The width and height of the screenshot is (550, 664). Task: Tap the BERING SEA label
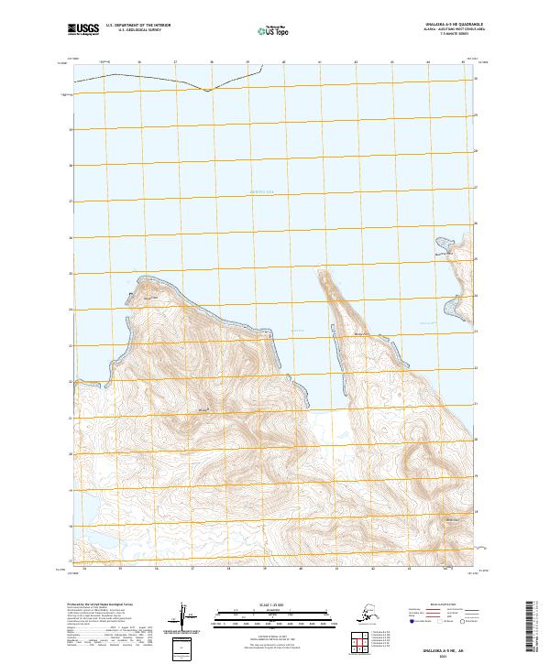[263, 191]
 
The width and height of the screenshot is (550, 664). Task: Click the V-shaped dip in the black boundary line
[210, 91]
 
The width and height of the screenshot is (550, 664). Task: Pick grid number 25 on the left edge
[70, 273]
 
